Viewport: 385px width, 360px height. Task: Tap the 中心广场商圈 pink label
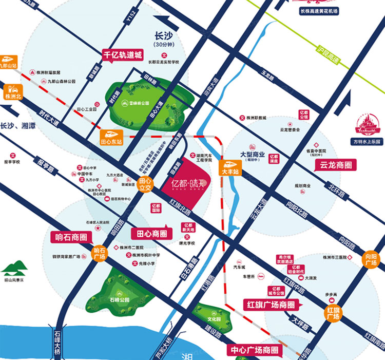coord(255,350)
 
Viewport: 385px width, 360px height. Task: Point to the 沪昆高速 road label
coord(329,54)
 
